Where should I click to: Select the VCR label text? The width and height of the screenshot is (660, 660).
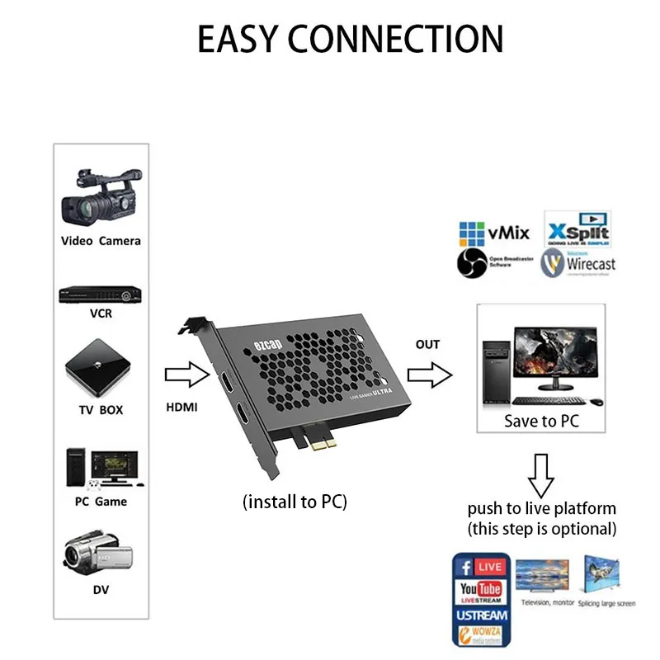[101, 314]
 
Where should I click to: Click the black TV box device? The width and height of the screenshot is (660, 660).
[100, 368]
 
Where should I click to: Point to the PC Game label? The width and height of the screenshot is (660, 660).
[100, 502]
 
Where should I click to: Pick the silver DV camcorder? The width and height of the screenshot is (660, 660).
[98, 553]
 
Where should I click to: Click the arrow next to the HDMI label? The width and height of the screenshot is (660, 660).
[188, 375]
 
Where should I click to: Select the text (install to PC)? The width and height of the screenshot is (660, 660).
[295, 502]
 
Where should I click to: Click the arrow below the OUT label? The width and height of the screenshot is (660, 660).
[430, 376]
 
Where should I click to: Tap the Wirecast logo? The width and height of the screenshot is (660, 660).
[579, 263]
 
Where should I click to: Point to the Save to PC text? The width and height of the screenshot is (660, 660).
[541, 421]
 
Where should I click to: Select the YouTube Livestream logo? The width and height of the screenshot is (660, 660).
[480, 592]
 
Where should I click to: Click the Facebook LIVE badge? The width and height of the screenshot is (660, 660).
[480, 568]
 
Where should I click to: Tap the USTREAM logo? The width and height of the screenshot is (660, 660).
[480, 615]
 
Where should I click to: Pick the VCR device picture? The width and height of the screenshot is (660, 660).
[100, 295]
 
